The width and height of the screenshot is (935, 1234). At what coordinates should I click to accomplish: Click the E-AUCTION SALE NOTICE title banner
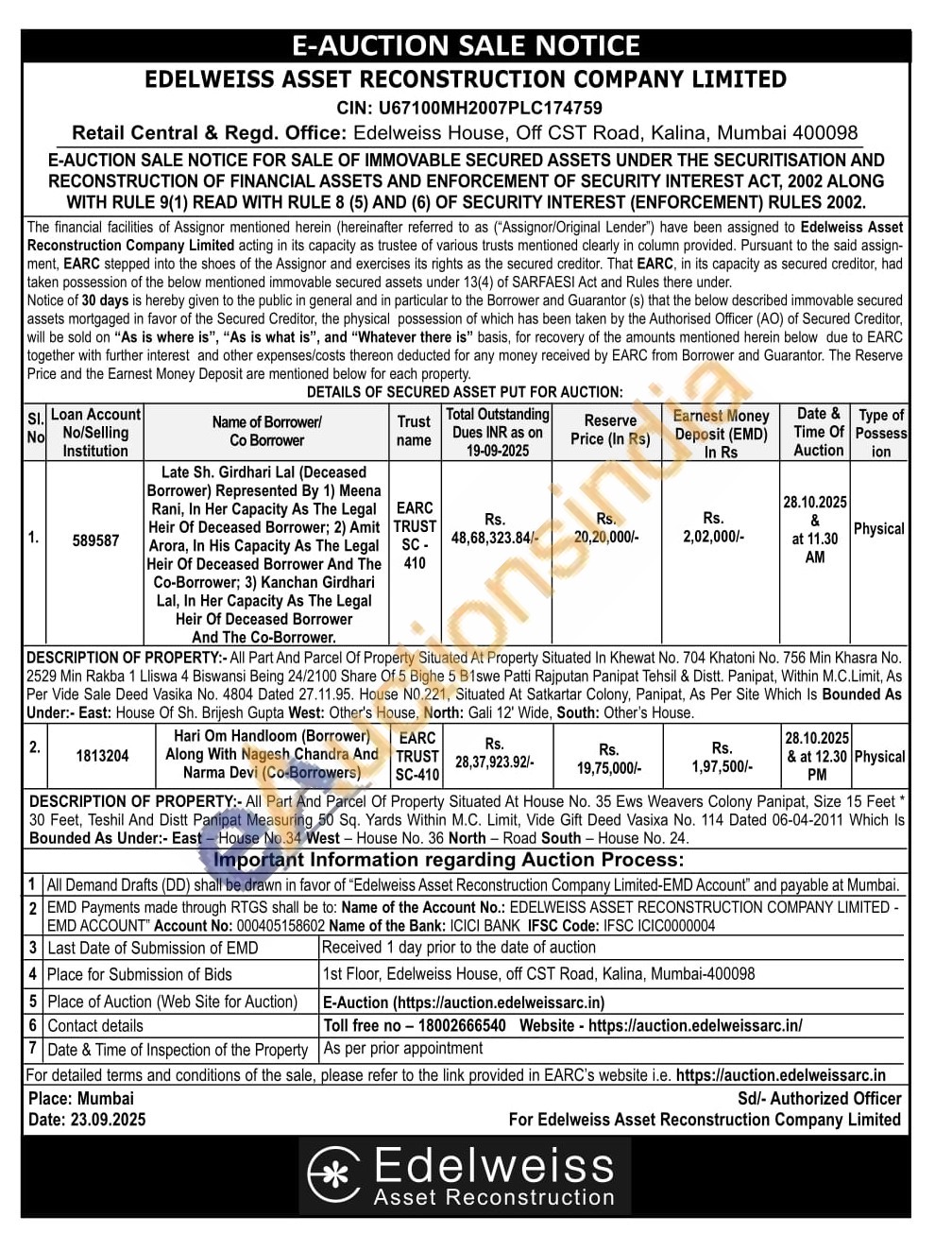pos(466,45)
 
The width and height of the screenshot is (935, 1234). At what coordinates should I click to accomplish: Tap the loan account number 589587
pos(95,540)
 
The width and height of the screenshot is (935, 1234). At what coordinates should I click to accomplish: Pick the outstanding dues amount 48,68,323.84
pos(494,537)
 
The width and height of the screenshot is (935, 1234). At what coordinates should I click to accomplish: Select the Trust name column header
pos(414,431)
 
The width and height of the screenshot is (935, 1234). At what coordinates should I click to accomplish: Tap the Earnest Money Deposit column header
pos(721,433)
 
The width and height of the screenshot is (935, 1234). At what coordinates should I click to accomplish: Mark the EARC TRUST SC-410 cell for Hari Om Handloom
pos(416,756)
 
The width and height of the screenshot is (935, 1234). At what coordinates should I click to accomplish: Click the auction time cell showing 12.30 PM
pos(817,756)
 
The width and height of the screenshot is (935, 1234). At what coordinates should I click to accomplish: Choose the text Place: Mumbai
pos(81,1098)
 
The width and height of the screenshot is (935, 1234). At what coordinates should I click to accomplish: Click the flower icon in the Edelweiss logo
pos(334,1174)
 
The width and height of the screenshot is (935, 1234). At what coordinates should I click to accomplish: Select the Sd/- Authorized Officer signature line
pos(819,1098)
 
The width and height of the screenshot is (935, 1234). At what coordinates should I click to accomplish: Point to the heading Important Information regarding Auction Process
pos(449,860)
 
